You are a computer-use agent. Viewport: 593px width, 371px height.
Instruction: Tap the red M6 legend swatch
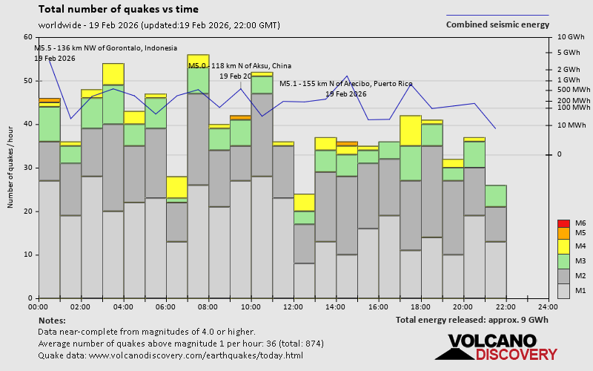click(x=563, y=223)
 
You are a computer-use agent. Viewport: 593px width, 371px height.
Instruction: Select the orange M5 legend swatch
click(x=563, y=233)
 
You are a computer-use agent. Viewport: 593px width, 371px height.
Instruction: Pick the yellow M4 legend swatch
click(x=563, y=246)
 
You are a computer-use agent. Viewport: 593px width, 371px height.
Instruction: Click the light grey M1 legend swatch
click(x=563, y=290)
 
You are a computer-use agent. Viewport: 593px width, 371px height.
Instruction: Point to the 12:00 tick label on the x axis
click(x=294, y=306)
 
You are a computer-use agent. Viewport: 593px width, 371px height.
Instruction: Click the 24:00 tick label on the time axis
click(x=548, y=306)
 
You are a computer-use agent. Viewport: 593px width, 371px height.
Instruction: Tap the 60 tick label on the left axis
click(x=28, y=37)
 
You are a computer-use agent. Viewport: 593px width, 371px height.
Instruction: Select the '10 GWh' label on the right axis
click(x=570, y=37)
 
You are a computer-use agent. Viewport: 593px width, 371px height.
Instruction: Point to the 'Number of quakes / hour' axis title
click(x=11, y=167)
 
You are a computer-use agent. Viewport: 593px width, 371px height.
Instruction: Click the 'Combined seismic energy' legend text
click(x=497, y=24)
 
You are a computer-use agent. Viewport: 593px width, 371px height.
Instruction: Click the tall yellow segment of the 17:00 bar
click(x=410, y=131)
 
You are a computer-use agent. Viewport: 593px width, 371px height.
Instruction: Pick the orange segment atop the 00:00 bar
click(x=49, y=100)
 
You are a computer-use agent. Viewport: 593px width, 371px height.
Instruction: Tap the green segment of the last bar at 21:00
click(x=495, y=196)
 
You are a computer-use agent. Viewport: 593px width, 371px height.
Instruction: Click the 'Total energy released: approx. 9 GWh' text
click(x=472, y=320)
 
